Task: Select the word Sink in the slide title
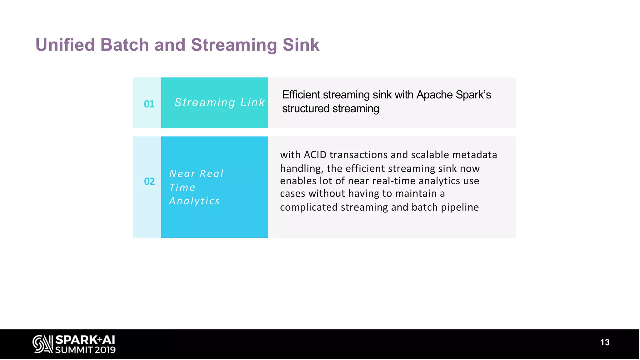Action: click(x=301, y=45)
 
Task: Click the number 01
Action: click(x=149, y=104)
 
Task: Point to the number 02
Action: click(x=149, y=182)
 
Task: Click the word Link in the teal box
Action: click(x=252, y=102)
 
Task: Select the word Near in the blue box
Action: click(x=182, y=174)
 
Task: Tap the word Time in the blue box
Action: click(x=182, y=187)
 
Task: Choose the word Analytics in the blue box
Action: click(x=194, y=201)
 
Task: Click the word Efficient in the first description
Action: click(x=301, y=95)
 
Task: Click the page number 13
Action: click(x=605, y=342)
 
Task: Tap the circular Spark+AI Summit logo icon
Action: click(x=42, y=344)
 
